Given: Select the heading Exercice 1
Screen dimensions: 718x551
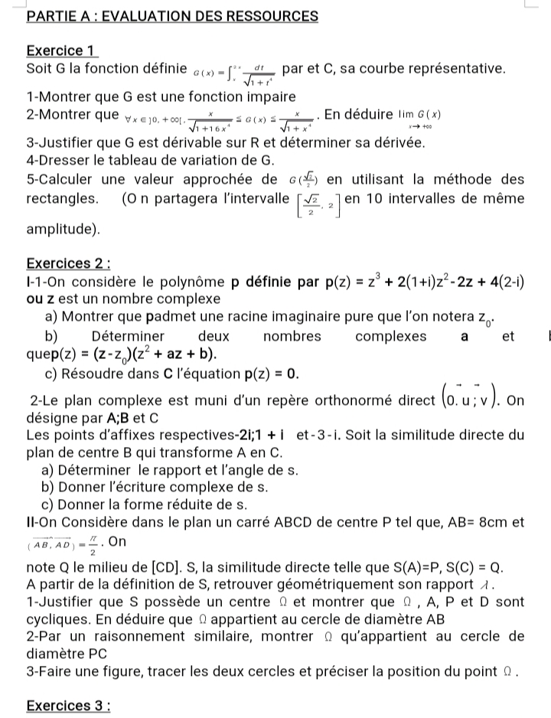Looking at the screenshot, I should [x=61, y=51].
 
